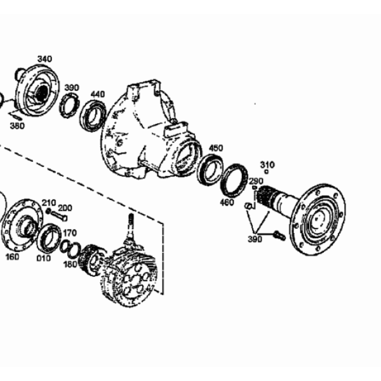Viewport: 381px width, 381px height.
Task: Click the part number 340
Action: pyautogui.click(x=44, y=59)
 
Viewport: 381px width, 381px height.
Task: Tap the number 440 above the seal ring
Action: pyautogui.click(x=98, y=94)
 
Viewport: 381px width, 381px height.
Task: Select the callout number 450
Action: pyautogui.click(x=216, y=148)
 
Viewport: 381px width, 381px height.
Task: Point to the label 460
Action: pyautogui.click(x=227, y=202)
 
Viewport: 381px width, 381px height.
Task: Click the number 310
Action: pyautogui.click(x=267, y=165)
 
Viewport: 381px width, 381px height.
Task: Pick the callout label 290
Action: pyautogui.click(x=256, y=181)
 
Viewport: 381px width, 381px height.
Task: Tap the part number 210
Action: pyautogui.click(x=49, y=203)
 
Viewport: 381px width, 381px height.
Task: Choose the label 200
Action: pyautogui.click(x=65, y=208)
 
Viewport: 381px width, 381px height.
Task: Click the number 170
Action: pyautogui.click(x=70, y=233)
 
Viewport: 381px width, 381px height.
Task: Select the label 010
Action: pyautogui.click(x=44, y=258)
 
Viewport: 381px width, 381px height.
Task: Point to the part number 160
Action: pyautogui.click(x=12, y=257)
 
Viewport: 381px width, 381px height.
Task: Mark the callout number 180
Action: pyautogui.click(x=70, y=264)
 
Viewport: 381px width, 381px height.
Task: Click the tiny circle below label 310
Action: pyautogui.click(x=266, y=172)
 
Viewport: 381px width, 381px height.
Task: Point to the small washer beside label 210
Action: pyautogui.click(x=49, y=211)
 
